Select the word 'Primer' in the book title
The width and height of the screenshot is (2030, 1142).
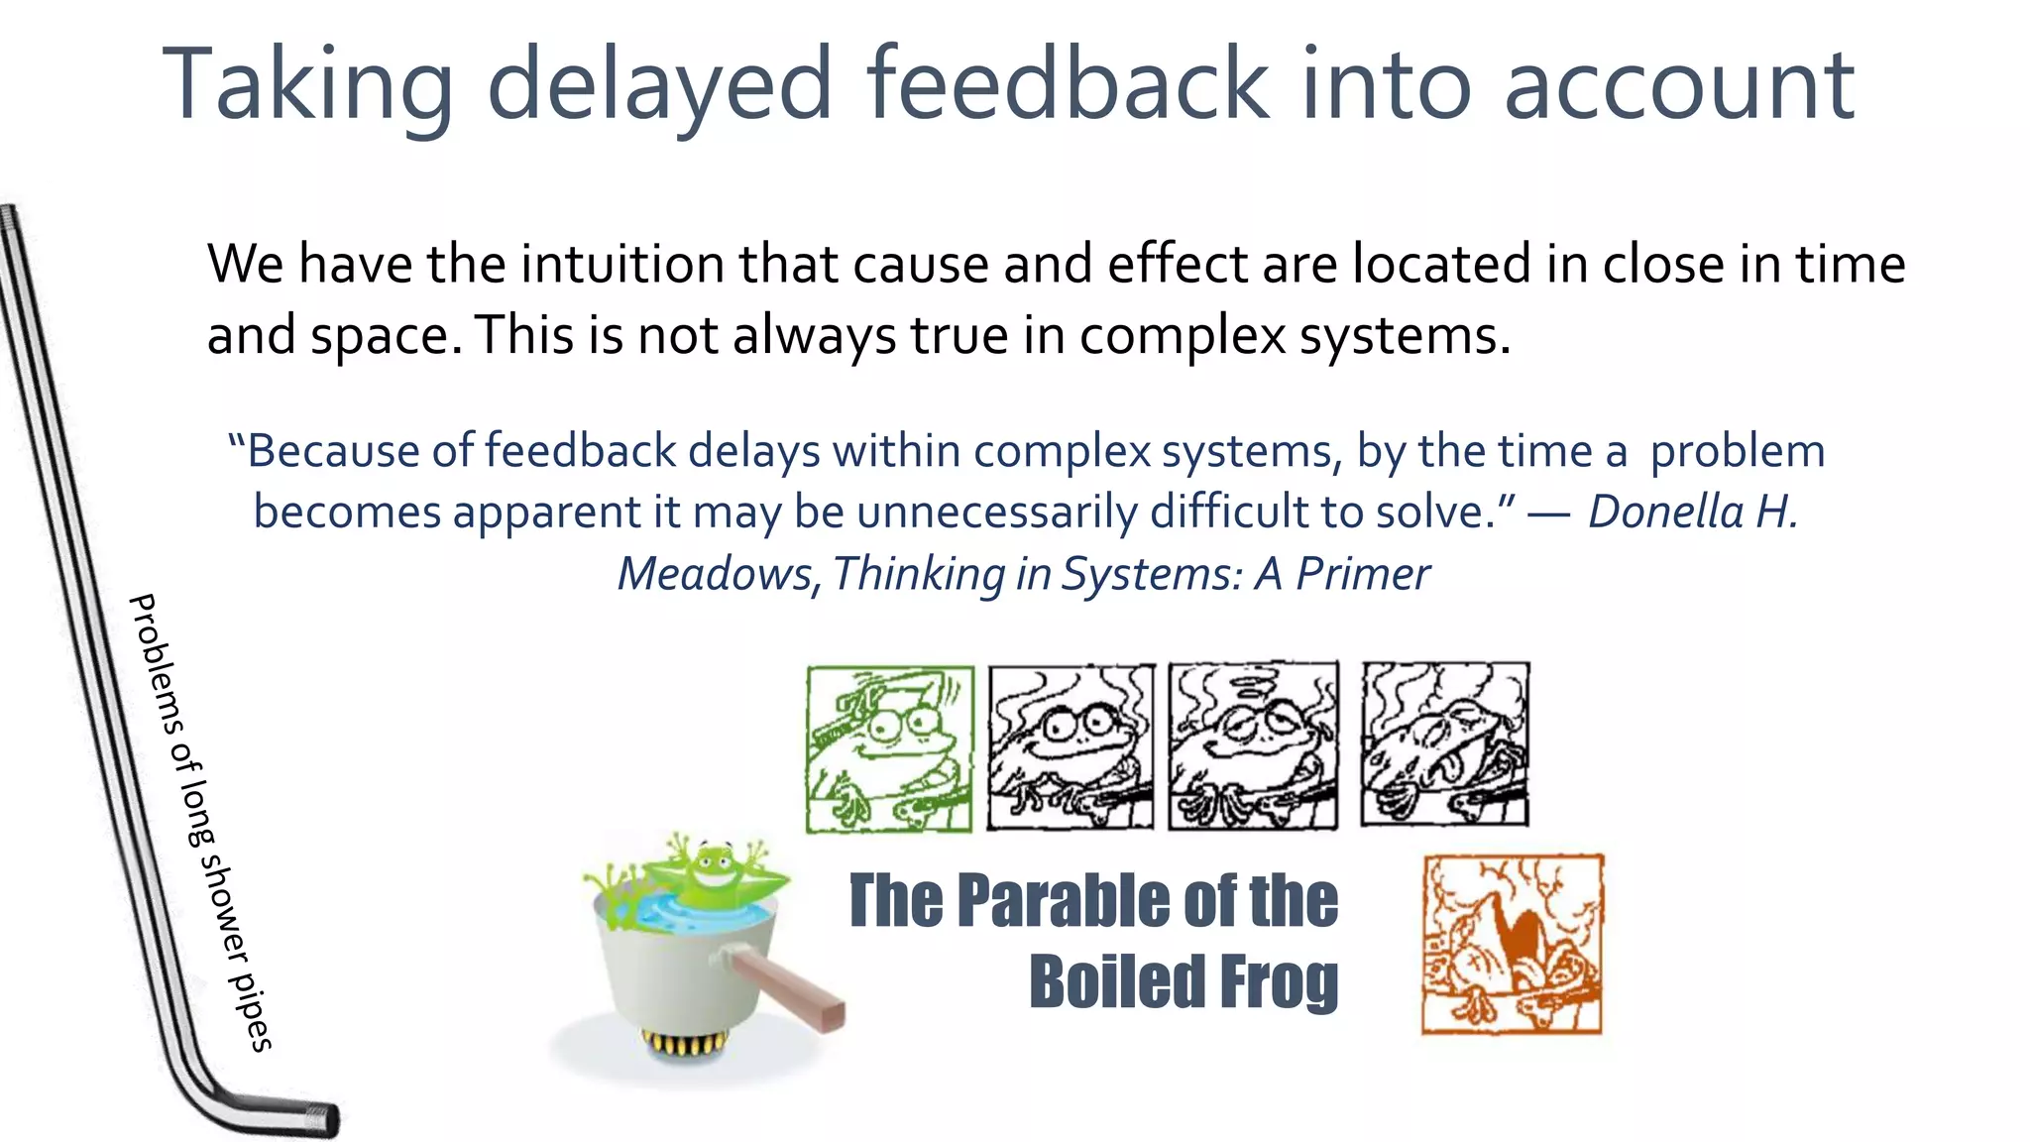(1362, 574)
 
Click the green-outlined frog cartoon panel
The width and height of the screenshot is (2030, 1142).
(889, 748)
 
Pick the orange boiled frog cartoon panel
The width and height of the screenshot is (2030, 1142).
(1512, 945)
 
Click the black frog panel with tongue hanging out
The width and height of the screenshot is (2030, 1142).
(1444, 744)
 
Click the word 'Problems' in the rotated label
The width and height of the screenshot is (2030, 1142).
(157, 661)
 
